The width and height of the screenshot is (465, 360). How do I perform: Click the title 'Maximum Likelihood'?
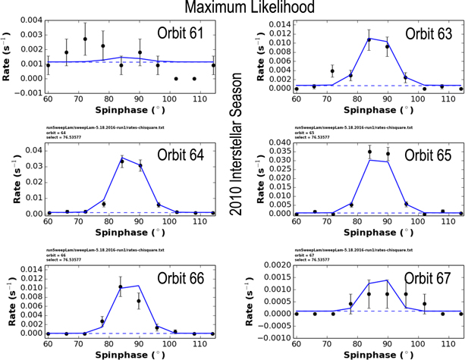(232, 9)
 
